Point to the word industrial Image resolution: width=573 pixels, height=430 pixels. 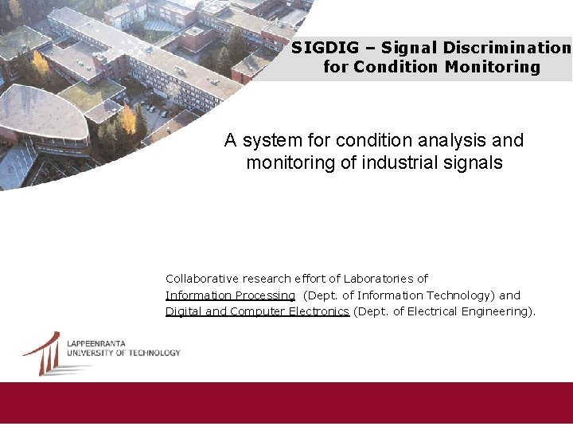pyautogui.click(x=398, y=163)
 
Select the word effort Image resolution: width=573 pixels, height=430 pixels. pyautogui.click(x=305, y=279)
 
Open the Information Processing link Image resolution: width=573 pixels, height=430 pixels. pyautogui.click(x=230, y=295)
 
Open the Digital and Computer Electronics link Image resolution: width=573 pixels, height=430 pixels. pyautogui.click(x=257, y=311)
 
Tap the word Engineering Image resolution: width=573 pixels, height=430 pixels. pyautogui.click(x=498, y=311)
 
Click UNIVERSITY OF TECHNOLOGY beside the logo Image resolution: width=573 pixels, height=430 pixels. pyautogui.click(x=123, y=353)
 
